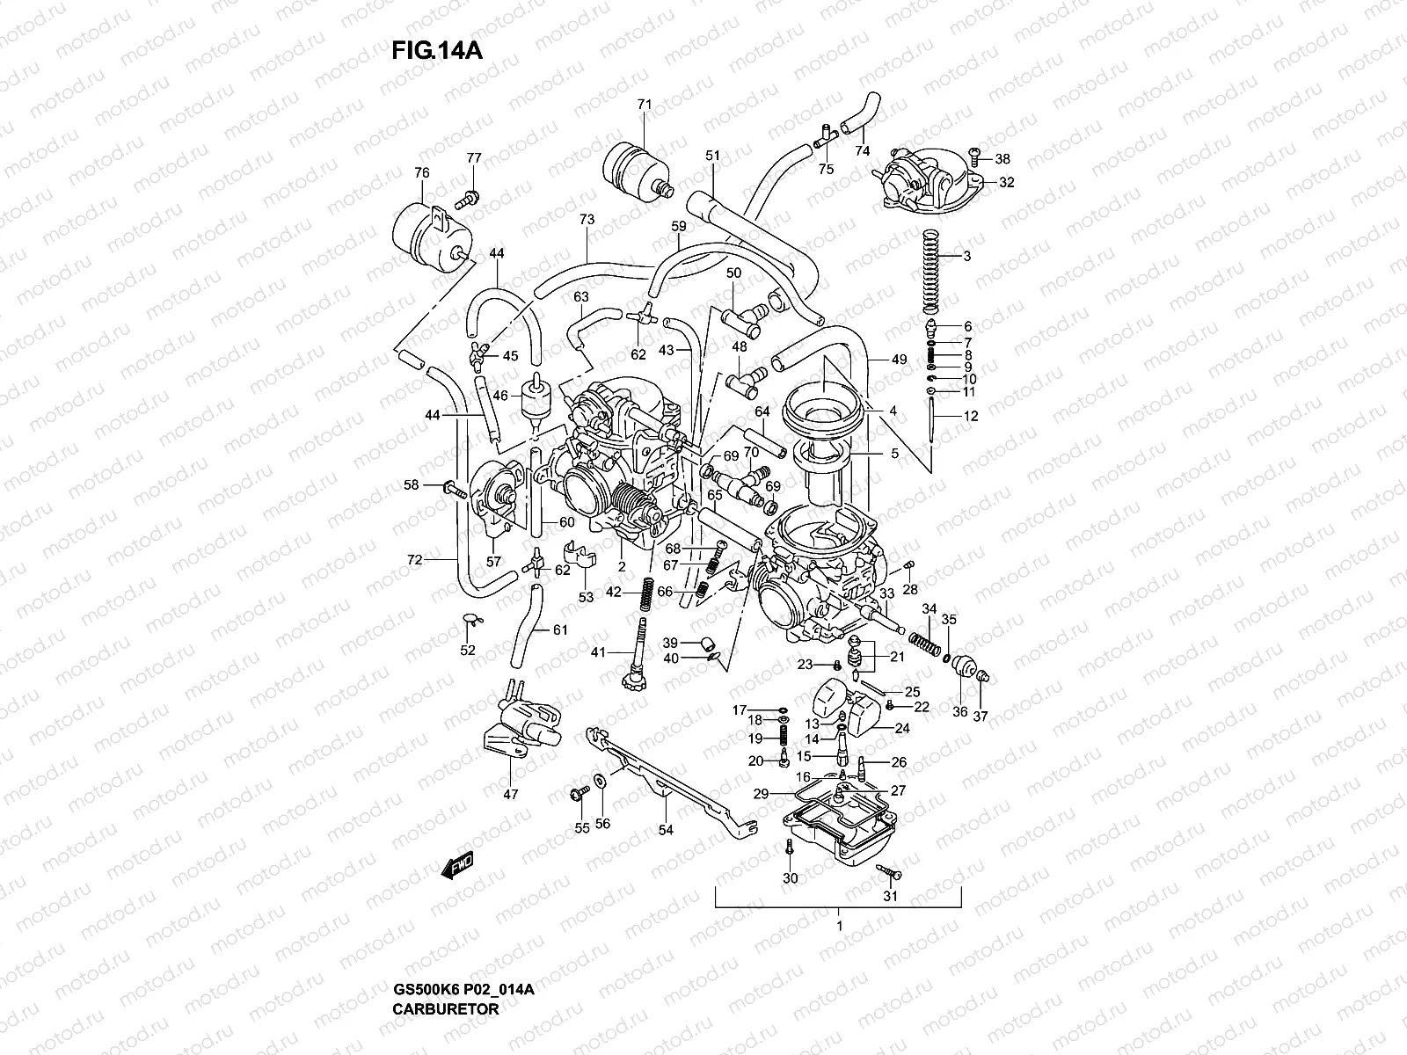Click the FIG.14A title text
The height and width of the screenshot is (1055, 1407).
437,50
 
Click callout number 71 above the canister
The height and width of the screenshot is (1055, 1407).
644,105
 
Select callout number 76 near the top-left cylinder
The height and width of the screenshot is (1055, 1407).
421,172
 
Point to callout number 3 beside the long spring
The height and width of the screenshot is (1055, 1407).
967,257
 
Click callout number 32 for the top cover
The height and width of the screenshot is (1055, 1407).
1007,183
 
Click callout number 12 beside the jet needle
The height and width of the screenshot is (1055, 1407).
970,417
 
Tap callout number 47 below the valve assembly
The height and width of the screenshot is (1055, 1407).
511,794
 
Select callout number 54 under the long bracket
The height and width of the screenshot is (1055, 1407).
666,829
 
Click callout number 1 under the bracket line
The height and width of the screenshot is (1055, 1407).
839,926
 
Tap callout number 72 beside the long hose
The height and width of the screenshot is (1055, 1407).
415,559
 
